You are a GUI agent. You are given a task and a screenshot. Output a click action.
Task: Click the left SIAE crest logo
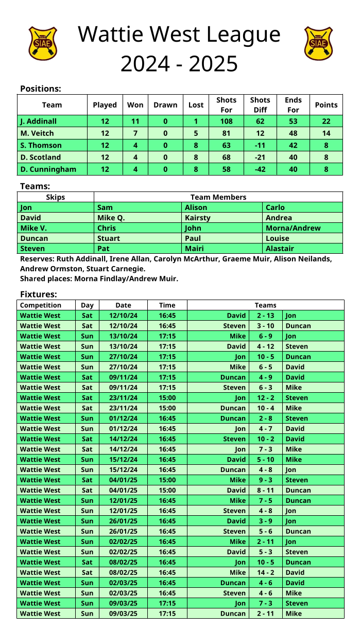click(42, 44)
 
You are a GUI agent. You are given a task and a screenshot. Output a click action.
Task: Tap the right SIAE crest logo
click(318, 44)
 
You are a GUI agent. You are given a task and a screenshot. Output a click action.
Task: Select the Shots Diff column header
click(260, 104)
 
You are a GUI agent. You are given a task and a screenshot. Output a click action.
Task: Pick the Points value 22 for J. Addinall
click(326, 121)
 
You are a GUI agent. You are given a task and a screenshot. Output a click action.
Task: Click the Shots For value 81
click(226, 133)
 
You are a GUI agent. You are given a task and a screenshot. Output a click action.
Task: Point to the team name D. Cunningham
click(48, 169)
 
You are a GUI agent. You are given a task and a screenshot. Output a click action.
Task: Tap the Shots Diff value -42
click(260, 169)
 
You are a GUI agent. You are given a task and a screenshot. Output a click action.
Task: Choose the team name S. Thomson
click(41, 145)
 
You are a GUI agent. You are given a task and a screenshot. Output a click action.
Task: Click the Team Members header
click(218, 197)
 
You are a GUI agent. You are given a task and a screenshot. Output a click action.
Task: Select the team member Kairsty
click(198, 218)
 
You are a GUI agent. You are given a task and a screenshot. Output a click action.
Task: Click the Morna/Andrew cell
click(293, 228)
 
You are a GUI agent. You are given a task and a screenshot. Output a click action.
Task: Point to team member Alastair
click(280, 249)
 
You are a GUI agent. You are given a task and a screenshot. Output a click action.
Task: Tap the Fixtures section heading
click(38, 294)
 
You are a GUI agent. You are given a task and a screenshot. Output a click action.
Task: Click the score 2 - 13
click(265, 316)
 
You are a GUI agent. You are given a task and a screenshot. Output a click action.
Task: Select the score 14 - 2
click(265, 572)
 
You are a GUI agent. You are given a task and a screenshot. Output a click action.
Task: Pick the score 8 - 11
click(265, 491)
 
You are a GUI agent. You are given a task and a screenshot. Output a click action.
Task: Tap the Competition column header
click(41, 305)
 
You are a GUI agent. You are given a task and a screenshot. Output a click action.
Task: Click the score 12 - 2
click(265, 398)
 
